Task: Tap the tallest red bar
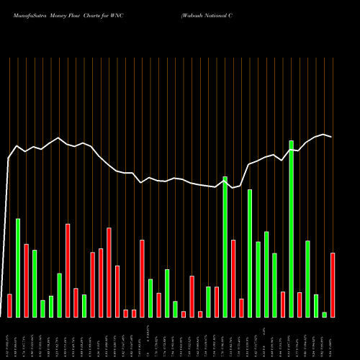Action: [x=68, y=271]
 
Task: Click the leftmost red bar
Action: [x=9, y=305]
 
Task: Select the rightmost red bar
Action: [x=333, y=285]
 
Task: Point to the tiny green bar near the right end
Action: [x=324, y=315]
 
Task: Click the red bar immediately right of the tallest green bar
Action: [x=300, y=305]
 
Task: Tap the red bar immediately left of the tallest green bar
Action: [x=283, y=304]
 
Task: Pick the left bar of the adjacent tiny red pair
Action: [x=125, y=313]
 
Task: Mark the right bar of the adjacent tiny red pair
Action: [x=134, y=313]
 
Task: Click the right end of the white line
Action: [x=331, y=137]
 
